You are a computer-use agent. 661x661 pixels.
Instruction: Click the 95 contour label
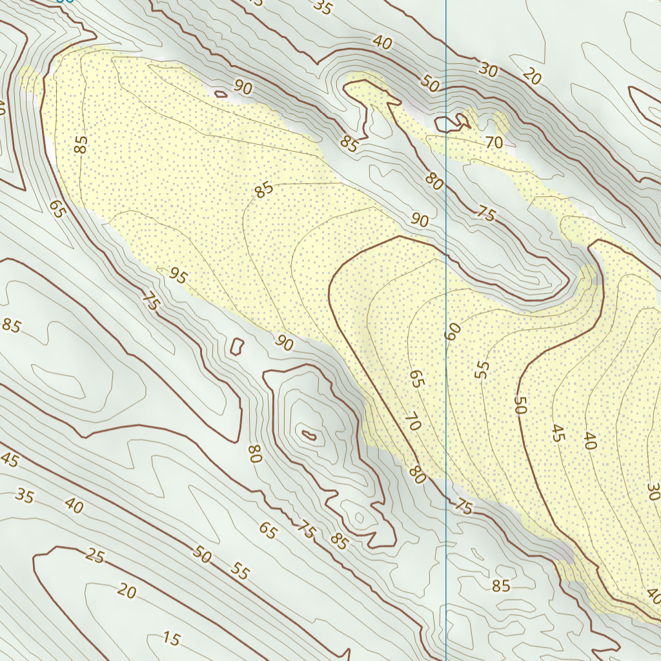tap(178, 276)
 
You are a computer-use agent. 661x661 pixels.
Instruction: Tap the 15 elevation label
tap(171, 639)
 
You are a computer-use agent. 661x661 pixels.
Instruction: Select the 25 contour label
tap(94, 556)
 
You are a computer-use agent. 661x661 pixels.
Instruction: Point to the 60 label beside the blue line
tap(453, 332)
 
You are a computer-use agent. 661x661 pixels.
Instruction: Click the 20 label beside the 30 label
tap(531, 77)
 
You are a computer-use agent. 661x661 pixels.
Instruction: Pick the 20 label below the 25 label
tap(127, 591)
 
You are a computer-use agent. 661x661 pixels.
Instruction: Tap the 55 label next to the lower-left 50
tap(239, 570)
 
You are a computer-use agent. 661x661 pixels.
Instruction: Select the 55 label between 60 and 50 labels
tap(482, 369)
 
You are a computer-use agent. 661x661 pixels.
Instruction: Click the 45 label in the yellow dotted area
tap(558, 433)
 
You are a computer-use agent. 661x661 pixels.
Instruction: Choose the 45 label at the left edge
tap(9, 460)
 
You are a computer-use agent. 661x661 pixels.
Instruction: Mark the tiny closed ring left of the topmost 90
tap(221, 94)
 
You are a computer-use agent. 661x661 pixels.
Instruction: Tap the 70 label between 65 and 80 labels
tap(413, 423)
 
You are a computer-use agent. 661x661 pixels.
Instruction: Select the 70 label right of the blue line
tap(494, 143)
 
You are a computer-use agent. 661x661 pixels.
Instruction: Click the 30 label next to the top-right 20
tap(489, 70)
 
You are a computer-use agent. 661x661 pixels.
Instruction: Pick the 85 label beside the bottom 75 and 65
tap(338, 542)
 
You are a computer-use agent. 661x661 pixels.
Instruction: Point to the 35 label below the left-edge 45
tap(25, 496)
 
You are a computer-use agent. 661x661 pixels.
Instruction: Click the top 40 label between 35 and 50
tap(382, 43)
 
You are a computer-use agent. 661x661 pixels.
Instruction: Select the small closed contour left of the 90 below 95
tap(236, 346)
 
